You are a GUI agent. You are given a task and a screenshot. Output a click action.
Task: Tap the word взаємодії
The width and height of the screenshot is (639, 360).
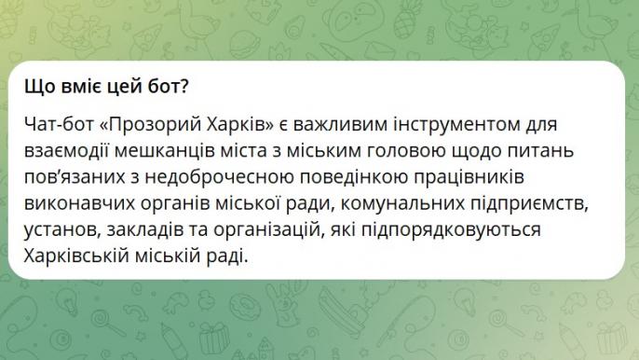(x=66, y=150)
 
